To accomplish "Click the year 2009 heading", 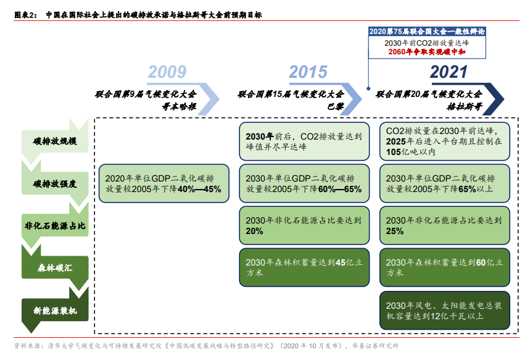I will click(x=167, y=72).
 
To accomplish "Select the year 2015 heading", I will click(x=308, y=72).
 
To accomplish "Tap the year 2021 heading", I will click(x=449, y=72).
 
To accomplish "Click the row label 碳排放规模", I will click(x=55, y=141).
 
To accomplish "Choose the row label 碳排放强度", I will click(x=55, y=183).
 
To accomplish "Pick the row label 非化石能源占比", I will click(x=55, y=225).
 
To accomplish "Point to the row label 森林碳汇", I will click(x=55, y=268).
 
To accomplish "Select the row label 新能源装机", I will click(x=55, y=311).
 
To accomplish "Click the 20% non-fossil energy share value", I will click(x=254, y=231).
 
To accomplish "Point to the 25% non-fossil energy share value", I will click(x=395, y=231).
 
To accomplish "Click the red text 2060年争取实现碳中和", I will click(x=426, y=52).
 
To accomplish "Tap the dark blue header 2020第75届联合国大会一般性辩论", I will click(x=427, y=31).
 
